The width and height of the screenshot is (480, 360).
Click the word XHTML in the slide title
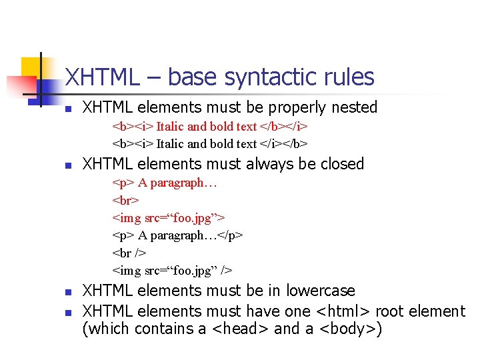tap(99, 77)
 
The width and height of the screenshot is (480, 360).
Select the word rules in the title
tap(351, 77)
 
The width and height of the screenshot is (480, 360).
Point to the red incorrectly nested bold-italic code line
tap(210, 126)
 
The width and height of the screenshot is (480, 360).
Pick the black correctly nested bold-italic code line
tap(210, 143)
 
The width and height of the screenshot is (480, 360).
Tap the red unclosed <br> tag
tap(125, 199)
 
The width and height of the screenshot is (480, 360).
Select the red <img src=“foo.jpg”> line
tap(169, 217)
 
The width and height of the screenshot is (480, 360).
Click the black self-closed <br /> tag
tap(129, 253)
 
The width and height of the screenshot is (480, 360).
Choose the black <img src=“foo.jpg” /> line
tap(173, 270)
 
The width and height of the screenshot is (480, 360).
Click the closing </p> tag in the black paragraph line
tap(231, 235)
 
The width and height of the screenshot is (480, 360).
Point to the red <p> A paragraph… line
tap(165, 182)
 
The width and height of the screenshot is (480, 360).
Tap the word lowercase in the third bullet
tap(321, 291)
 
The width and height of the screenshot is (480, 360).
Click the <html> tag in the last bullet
tap(344, 311)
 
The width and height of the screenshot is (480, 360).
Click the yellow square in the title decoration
tap(31, 67)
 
